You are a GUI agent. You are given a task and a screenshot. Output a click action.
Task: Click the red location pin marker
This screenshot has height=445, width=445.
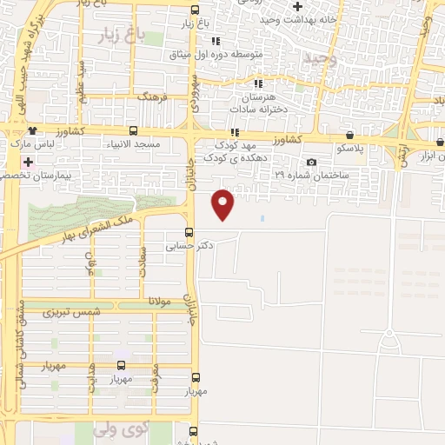click(x=223, y=204)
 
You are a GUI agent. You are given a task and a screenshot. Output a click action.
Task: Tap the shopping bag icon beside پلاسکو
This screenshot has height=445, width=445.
click(x=349, y=136)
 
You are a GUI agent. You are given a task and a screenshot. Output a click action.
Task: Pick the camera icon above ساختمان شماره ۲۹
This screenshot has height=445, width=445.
click(x=311, y=163)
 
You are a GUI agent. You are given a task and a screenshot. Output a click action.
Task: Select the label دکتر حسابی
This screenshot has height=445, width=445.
click(x=190, y=246)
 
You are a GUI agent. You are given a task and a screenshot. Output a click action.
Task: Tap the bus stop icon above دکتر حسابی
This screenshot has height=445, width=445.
click(x=189, y=231)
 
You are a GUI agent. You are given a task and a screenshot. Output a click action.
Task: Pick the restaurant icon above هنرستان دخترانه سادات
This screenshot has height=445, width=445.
click(x=258, y=83)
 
